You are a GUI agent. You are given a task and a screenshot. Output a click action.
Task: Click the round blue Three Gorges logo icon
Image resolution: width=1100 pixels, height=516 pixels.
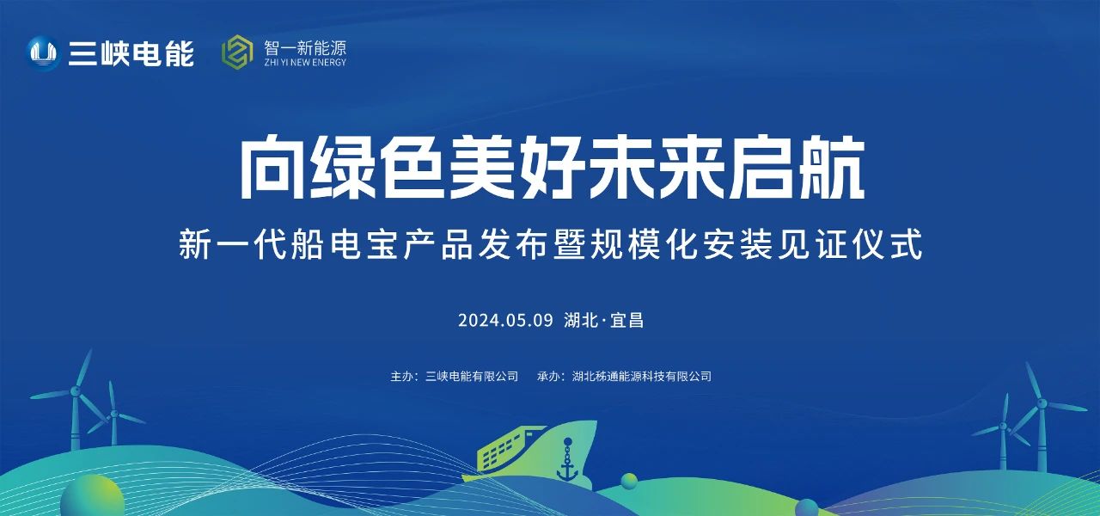(x=43, y=54)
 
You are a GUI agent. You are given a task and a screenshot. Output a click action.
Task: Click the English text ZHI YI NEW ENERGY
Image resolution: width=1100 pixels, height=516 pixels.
(x=306, y=63)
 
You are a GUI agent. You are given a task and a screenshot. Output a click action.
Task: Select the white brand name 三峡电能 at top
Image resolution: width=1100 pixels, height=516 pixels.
(x=131, y=54)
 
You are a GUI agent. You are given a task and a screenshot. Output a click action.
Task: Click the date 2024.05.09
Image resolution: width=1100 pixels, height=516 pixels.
(x=504, y=321)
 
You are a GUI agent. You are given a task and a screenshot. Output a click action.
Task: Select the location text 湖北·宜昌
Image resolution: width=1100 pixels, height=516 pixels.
(x=604, y=321)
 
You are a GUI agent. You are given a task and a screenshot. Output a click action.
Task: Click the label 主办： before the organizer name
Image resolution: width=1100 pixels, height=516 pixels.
(x=404, y=376)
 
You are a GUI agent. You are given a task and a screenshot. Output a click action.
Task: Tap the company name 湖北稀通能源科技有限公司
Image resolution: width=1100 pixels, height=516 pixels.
(x=642, y=376)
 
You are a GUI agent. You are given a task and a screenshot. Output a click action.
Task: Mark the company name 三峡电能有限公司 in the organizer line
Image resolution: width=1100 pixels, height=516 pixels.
(x=472, y=376)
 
